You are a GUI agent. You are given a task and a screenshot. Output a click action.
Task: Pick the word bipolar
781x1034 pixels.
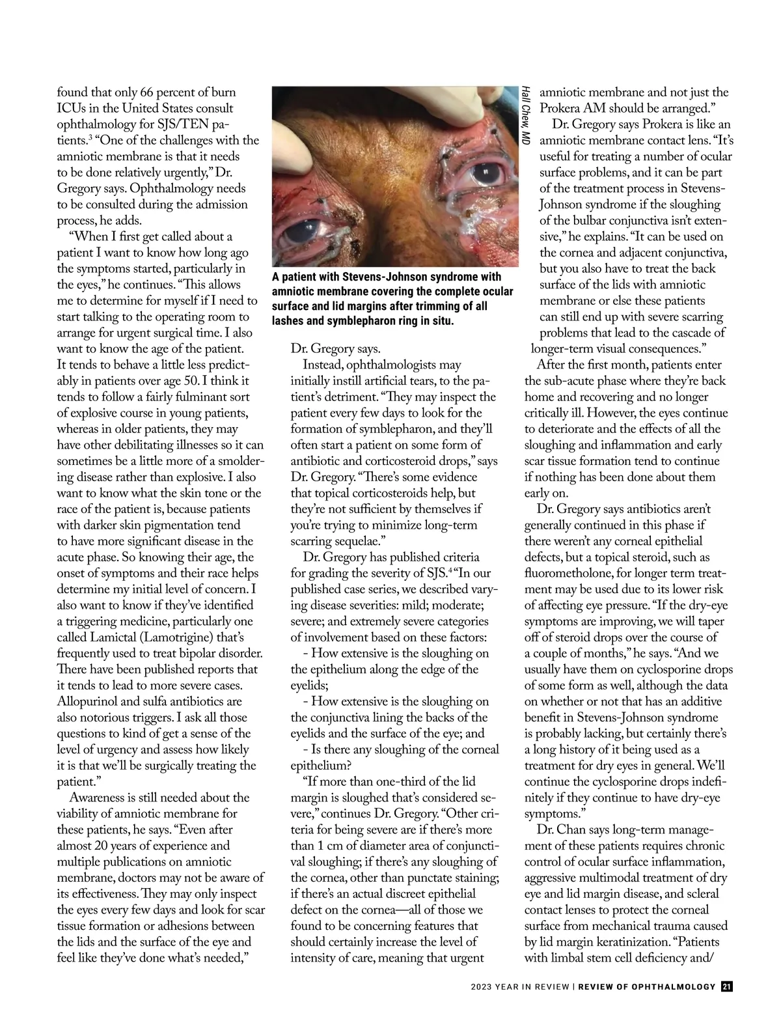tap(194, 653)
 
